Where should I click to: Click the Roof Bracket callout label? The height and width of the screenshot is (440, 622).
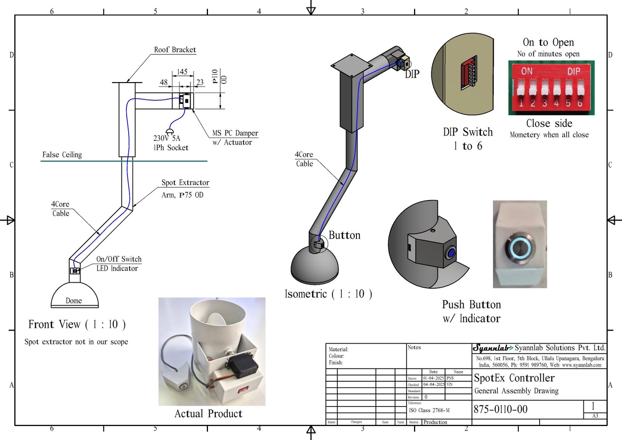175,50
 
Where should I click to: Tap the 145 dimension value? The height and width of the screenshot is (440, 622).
182,72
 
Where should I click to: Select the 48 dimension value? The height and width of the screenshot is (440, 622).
164,82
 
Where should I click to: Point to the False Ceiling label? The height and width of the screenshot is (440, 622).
62,155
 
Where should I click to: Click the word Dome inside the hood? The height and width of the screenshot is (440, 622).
74,301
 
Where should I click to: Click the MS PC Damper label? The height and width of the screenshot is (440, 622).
235,133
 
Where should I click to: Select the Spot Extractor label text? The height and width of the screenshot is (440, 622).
185,183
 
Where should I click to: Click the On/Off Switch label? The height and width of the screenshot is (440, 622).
119,259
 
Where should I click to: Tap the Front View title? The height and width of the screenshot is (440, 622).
77,324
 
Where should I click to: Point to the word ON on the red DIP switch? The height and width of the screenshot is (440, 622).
527,71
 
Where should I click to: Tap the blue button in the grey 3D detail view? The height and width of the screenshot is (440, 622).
451,253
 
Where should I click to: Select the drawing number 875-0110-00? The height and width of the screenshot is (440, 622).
501,409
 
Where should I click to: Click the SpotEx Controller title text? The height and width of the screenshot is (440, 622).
514,378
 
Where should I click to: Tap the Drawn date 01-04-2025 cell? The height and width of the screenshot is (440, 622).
433,378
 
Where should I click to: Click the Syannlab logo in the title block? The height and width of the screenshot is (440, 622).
493,348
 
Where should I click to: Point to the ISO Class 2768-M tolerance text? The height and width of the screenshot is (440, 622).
429,410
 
